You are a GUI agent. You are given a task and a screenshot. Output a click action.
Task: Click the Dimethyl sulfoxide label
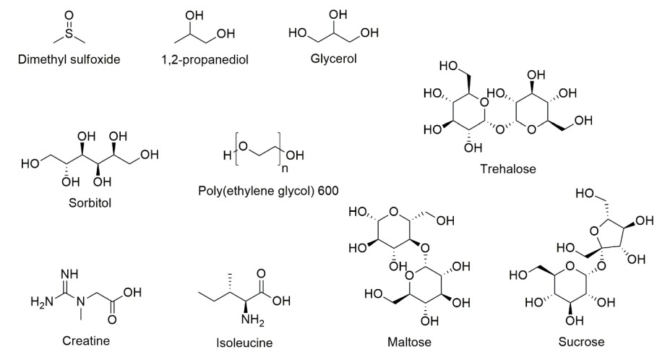(69, 59)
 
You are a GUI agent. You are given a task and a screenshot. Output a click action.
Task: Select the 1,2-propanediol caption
(205, 59)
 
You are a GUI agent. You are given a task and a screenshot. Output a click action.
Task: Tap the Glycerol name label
(333, 58)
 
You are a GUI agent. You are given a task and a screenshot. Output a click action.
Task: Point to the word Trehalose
(507, 169)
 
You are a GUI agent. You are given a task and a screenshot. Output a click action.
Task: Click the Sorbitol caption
(90, 202)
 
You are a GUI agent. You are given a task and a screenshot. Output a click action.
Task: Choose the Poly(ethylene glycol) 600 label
(268, 190)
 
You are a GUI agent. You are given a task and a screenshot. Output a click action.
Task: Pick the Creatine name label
(86, 340)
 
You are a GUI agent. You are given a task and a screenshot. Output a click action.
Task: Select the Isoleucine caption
(244, 343)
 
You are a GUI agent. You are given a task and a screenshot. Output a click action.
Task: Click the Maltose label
(409, 342)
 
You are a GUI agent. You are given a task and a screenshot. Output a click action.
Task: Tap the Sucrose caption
(581, 342)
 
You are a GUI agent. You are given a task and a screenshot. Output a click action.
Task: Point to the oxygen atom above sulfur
(69, 15)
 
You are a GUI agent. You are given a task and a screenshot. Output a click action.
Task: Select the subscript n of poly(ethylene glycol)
(285, 168)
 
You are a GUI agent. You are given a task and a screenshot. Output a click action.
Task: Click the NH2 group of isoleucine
(252, 320)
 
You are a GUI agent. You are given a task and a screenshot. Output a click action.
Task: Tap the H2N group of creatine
(42, 302)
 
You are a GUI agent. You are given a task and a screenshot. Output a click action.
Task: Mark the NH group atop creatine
(69, 274)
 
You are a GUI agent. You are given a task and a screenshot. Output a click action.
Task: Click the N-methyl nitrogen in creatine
(81, 302)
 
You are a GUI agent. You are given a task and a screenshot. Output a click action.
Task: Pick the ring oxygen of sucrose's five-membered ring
(594, 231)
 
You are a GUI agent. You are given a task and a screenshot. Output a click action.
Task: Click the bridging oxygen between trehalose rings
(499, 129)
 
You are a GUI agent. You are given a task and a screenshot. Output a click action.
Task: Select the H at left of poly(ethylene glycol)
(228, 155)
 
